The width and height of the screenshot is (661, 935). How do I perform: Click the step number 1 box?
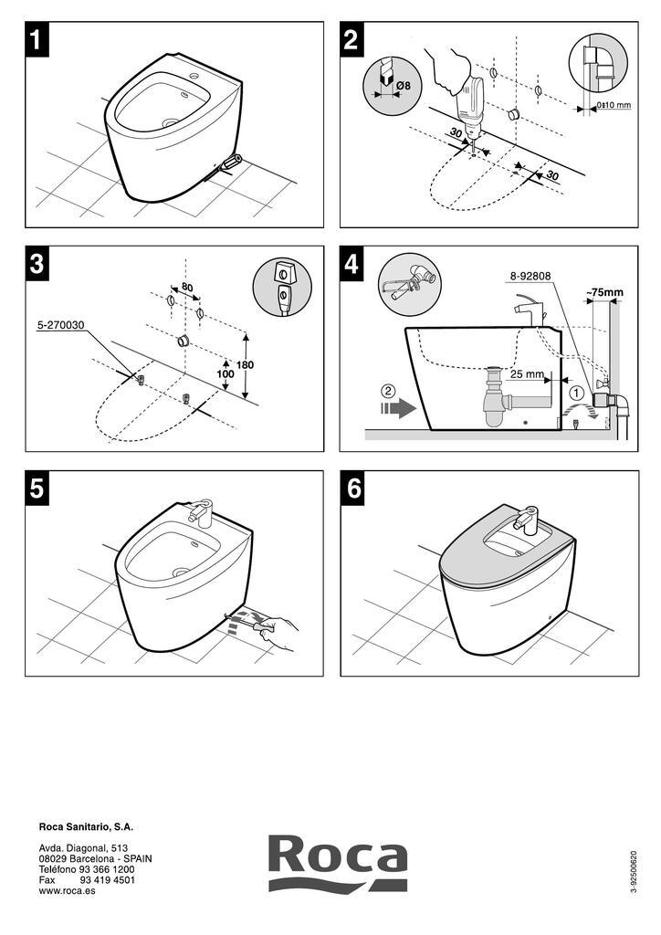[37, 40]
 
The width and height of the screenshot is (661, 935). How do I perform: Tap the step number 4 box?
[352, 264]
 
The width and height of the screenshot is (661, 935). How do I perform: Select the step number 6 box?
[352, 489]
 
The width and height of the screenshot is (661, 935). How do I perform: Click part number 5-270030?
[60, 324]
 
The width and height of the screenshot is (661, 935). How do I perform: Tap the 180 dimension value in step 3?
[244, 364]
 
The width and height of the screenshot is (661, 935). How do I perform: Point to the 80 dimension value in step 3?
[187, 288]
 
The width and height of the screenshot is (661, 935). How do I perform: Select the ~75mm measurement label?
[603, 293]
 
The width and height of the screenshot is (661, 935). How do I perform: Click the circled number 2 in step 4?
[388, 392]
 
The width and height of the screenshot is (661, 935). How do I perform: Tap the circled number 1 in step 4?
[576, 392]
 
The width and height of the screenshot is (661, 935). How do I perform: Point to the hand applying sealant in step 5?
[278, 630]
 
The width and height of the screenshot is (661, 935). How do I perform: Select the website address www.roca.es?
[67, 890]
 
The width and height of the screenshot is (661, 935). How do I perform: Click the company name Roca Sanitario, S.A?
[86, 826]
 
